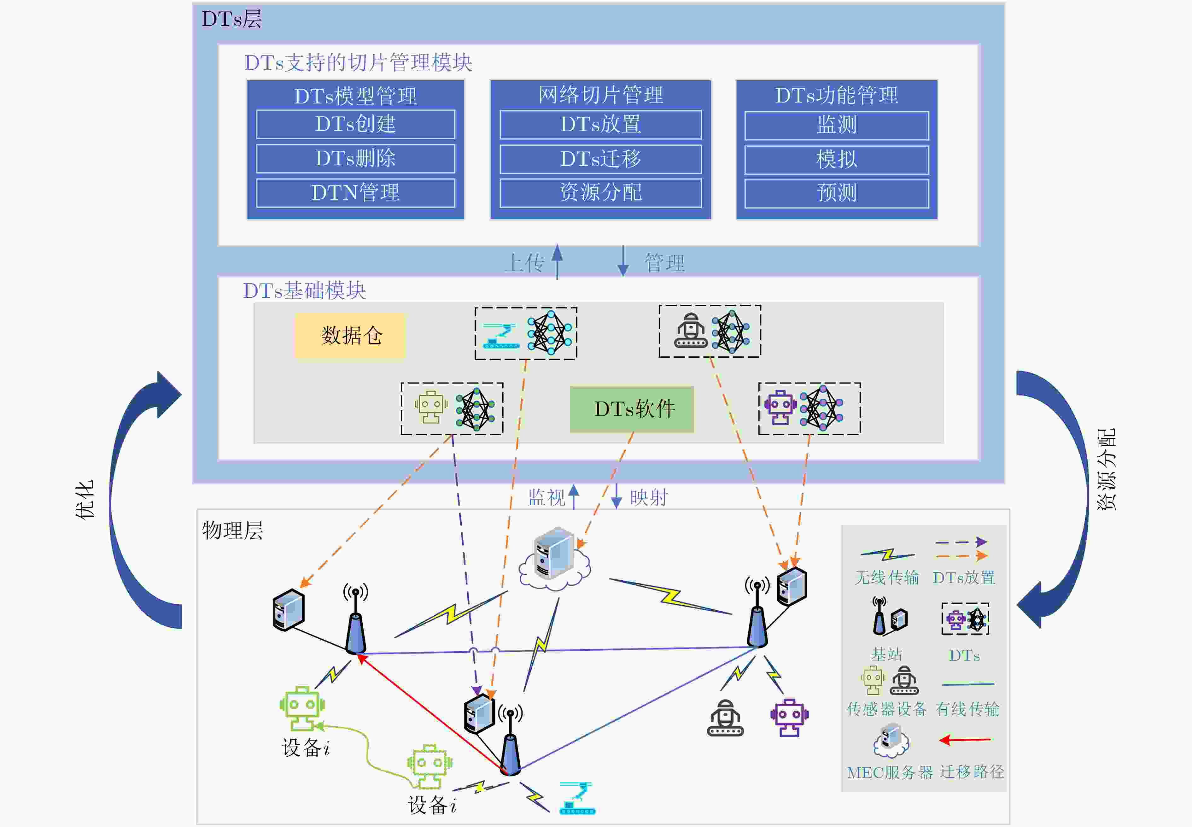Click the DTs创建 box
tap(355, 124)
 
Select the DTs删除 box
tap(355, 159)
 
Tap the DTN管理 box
tap(355, 193)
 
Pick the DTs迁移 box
tap(600, 159)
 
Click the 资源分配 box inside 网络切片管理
tap(600, 193)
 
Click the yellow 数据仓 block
tap(351, 335)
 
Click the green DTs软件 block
tap(632, 409)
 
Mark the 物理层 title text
tap(233, 531)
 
